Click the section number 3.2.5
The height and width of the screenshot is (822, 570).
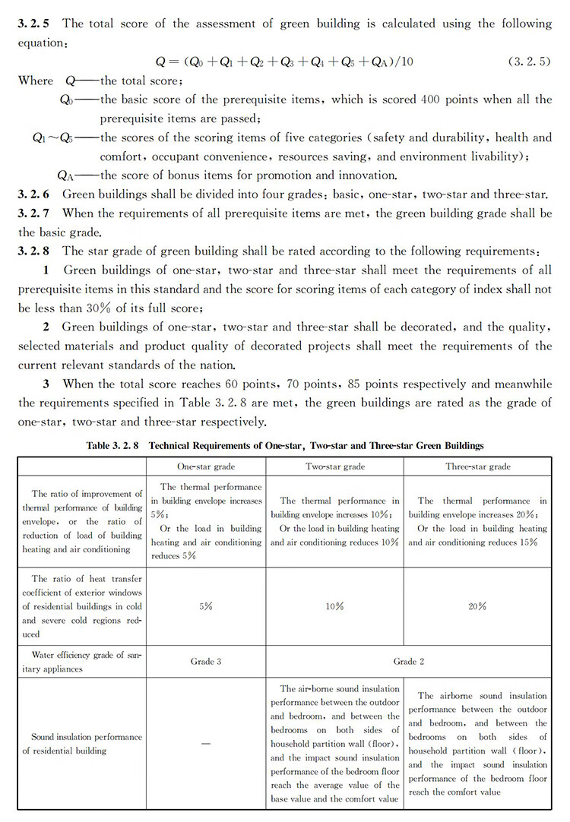(33, 24)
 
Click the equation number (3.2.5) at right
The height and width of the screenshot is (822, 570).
(530, 60)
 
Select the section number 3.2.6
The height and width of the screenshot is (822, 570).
(33, 194)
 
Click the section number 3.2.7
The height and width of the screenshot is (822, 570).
(33, 213)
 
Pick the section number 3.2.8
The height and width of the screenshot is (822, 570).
(33, 251)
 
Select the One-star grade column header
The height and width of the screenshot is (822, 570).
(206, 466)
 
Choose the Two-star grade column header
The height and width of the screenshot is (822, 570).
(334, 466)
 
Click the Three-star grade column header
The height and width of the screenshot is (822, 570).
(478, 466)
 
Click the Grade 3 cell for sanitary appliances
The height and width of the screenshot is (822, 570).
(206, 662)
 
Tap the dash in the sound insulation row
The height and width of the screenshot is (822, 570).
(206, 744)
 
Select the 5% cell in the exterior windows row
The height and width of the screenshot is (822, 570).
(206, 606)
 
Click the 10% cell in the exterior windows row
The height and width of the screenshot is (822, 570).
(334, 606)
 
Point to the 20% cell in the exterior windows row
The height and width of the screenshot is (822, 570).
(478, 606)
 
